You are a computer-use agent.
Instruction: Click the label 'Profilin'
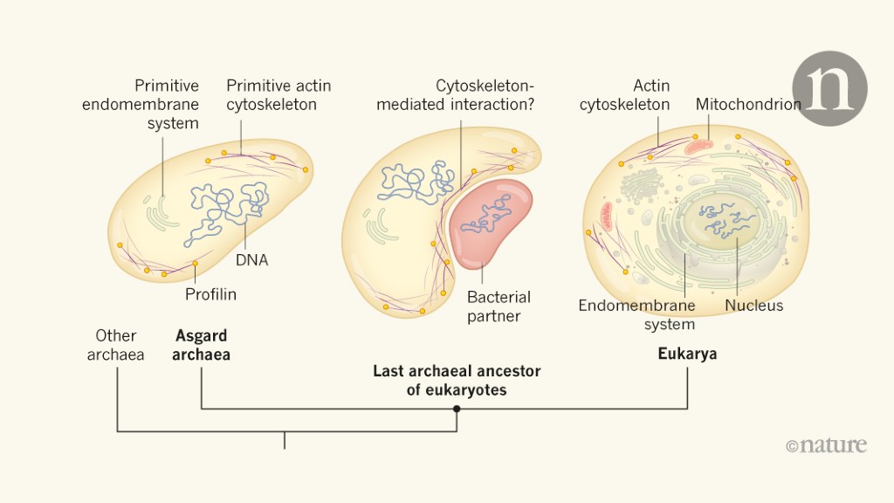210,294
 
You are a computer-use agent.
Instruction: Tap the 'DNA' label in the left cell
252,259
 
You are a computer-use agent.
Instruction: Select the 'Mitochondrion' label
748,105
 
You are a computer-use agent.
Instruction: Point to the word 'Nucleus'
754,305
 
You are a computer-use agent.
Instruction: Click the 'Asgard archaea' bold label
203,345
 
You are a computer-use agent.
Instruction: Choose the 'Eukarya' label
687,355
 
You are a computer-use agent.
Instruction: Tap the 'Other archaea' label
116,345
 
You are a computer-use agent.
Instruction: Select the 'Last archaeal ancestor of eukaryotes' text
457,381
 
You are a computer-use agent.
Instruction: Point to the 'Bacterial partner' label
499,307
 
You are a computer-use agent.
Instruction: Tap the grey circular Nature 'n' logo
829,88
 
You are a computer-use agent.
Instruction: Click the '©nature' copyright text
826,445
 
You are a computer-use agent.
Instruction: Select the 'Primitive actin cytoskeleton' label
279,95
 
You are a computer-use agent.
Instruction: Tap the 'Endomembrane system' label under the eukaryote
636,314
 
